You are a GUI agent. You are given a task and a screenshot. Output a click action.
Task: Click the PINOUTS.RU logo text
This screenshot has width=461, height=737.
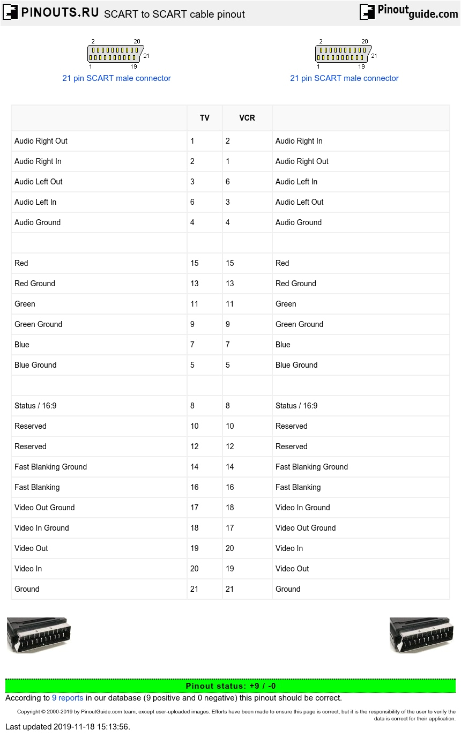60,13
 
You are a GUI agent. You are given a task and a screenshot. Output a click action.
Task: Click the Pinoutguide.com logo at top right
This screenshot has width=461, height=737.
408,12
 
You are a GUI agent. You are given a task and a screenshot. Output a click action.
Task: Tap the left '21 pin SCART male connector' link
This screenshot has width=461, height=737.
116,78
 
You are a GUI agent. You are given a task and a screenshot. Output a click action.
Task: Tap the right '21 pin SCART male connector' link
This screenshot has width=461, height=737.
344,78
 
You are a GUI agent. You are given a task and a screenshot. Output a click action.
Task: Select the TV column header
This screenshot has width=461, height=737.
205,118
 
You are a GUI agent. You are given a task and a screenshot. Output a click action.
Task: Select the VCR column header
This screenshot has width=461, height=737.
247,118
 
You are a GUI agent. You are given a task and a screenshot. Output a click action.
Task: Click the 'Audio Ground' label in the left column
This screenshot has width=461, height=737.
38,222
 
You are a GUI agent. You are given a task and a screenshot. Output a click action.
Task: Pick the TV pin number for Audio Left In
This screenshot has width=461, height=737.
192,202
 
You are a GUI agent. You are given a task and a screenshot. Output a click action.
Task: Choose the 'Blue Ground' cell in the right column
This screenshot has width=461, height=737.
296,365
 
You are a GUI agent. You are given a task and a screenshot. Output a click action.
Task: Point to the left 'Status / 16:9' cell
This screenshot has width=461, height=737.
35,406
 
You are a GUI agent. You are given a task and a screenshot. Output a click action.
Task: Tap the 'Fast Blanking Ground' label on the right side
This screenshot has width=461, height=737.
311,467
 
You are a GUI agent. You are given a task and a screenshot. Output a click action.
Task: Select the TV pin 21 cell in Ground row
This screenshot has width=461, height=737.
195,589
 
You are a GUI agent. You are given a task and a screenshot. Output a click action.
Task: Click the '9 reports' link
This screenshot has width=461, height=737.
68,698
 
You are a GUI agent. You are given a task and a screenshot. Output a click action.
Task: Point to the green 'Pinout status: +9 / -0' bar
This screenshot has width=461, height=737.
230,686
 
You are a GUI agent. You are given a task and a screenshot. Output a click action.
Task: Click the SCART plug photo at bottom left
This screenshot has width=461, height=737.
39,635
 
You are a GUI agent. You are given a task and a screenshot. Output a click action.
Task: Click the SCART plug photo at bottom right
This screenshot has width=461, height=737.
421,635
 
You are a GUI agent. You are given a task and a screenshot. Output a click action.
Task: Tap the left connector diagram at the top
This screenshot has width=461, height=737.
116,54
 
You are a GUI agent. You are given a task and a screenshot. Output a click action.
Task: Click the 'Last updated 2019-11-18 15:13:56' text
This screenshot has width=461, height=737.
68,727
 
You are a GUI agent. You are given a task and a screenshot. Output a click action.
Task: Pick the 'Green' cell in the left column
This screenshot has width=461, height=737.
25,304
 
